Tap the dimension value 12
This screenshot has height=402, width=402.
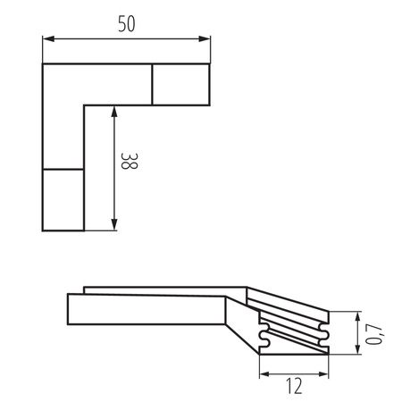(294, 385)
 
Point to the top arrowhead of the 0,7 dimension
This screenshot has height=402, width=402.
(358, 316)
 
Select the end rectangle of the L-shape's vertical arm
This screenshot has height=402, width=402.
(63, 199)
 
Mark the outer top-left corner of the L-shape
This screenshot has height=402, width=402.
(43, 63)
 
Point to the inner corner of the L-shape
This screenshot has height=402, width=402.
(85, 106)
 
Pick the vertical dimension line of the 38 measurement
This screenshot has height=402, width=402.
(114, 170)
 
